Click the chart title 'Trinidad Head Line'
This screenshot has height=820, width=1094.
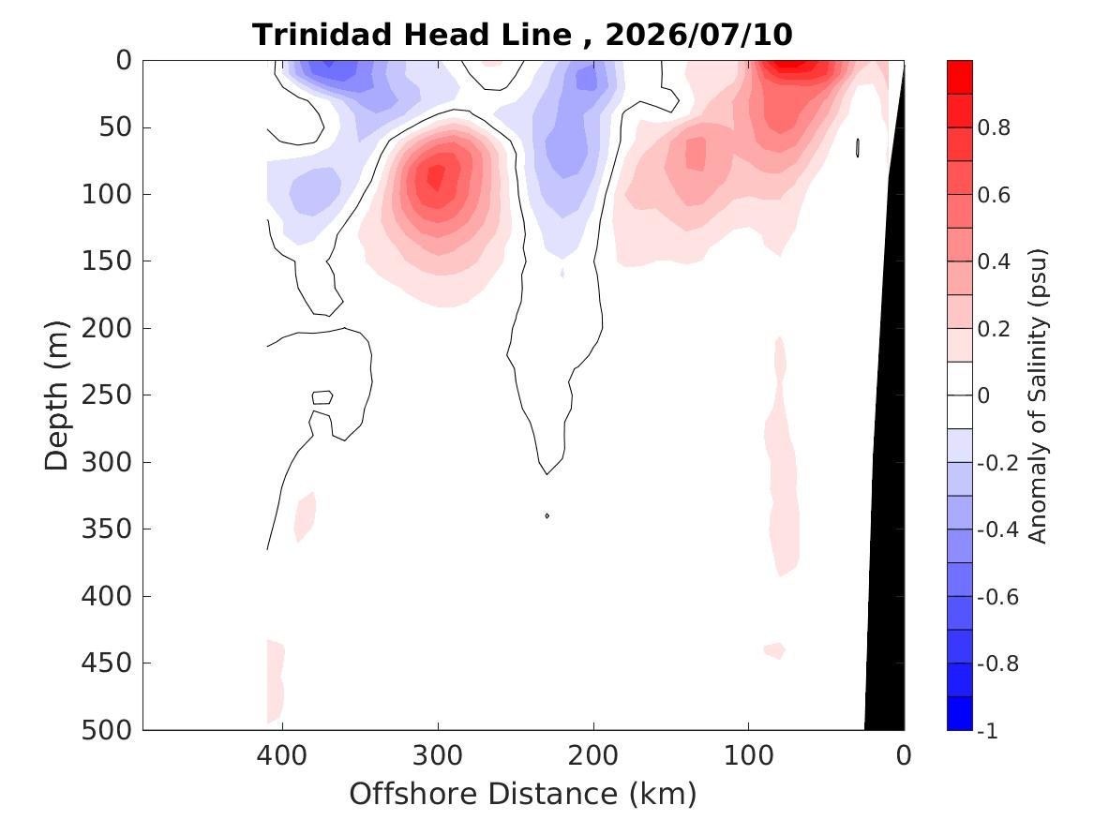click(412, 34)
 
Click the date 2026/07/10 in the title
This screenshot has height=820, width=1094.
click(698, 34)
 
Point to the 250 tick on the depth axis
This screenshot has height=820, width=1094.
click(107, 395)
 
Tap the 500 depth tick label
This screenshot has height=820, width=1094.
click(107, 730)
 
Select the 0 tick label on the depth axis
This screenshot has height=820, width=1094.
click(124, 61)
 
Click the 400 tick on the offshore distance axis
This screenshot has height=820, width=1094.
click(282, 755)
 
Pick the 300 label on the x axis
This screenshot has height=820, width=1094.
click(438, 755)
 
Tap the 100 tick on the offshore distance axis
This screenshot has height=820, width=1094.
click(749, 755)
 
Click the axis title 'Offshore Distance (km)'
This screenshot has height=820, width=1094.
click(522, 794)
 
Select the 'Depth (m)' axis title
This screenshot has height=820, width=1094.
click(56, 395)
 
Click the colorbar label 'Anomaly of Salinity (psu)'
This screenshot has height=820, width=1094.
click(1038, 395)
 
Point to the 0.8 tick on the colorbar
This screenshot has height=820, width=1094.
click(994, 127)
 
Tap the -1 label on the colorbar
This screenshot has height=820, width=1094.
click(987, 730)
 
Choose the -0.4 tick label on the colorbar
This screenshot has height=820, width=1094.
click(997, 529)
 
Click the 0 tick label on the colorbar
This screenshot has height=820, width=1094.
click(983, 395)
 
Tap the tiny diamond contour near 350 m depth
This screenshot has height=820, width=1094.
click(547, 516)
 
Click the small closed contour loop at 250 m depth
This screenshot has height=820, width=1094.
click(322, 397)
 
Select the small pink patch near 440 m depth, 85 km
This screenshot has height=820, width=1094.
click(775, 650)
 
